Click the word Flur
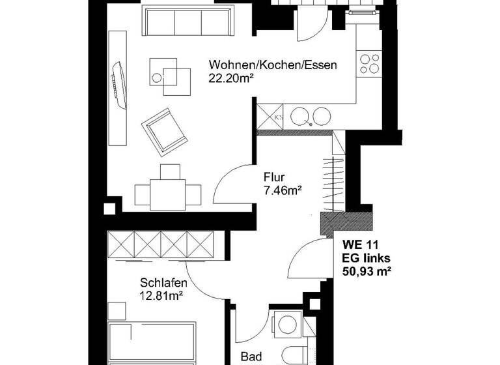pos(273,177)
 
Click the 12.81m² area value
pos(161,295)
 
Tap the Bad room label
pos(251,357)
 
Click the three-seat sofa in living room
pos(187,23)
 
